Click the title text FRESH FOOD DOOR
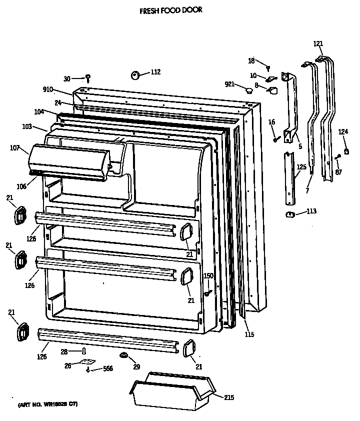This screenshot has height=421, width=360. click(x=170, y=9)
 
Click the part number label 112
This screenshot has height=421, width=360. click(x=155, y=72)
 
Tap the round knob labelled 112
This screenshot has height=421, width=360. click(x=135, y=75)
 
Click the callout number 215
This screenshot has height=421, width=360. click(x=228, y=397)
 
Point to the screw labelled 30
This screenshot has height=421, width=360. click(x=88, y=78)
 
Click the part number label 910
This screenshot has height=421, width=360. click(x=48, y=90)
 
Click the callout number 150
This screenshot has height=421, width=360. click(x=208, y=276)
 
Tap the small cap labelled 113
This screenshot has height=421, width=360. click(x=289, y=214)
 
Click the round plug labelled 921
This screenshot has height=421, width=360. click(x=248, y=90)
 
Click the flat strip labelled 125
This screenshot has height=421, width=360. click(x=288, y=178)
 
